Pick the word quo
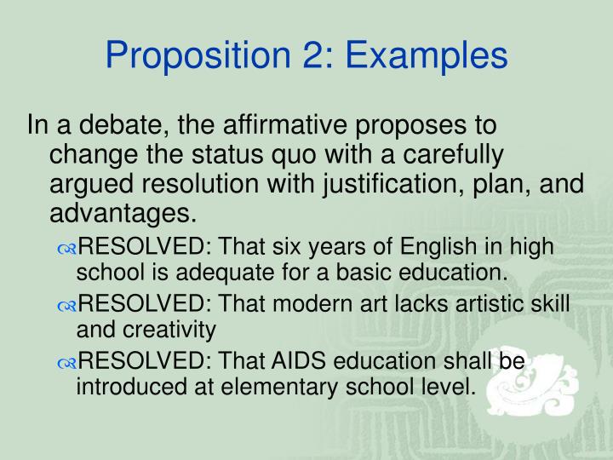255,156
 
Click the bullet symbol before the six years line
67,249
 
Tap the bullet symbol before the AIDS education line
67,364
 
